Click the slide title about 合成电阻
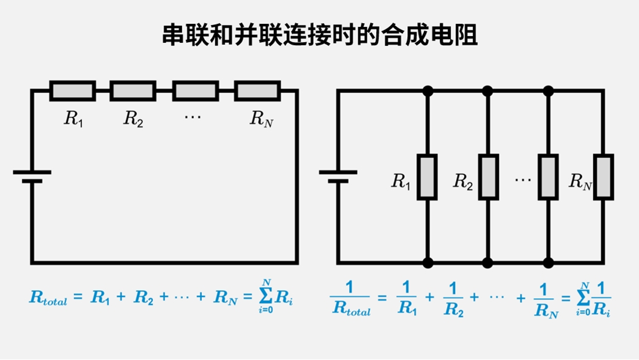coord(319,36)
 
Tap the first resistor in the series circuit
coord(72,90)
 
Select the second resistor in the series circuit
coord(133,90)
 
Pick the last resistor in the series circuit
coord(257,90)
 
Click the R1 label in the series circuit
coord(73,119)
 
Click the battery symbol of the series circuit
coord(32,177)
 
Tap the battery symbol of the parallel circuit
coord(338,177)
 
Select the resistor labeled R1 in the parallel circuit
coord(427,177)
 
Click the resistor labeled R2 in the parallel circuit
coord(488,177)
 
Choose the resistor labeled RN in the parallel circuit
coord(604,177)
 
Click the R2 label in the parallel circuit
coord(463,182)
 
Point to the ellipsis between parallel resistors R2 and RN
coord(523,180)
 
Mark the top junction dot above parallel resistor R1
coord(427,91)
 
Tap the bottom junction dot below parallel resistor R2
coord(488,263)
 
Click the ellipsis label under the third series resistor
coord(193,116)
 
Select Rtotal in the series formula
coord(48,298)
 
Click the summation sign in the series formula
coord(266,296)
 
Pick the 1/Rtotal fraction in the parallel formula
coord(351,299)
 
